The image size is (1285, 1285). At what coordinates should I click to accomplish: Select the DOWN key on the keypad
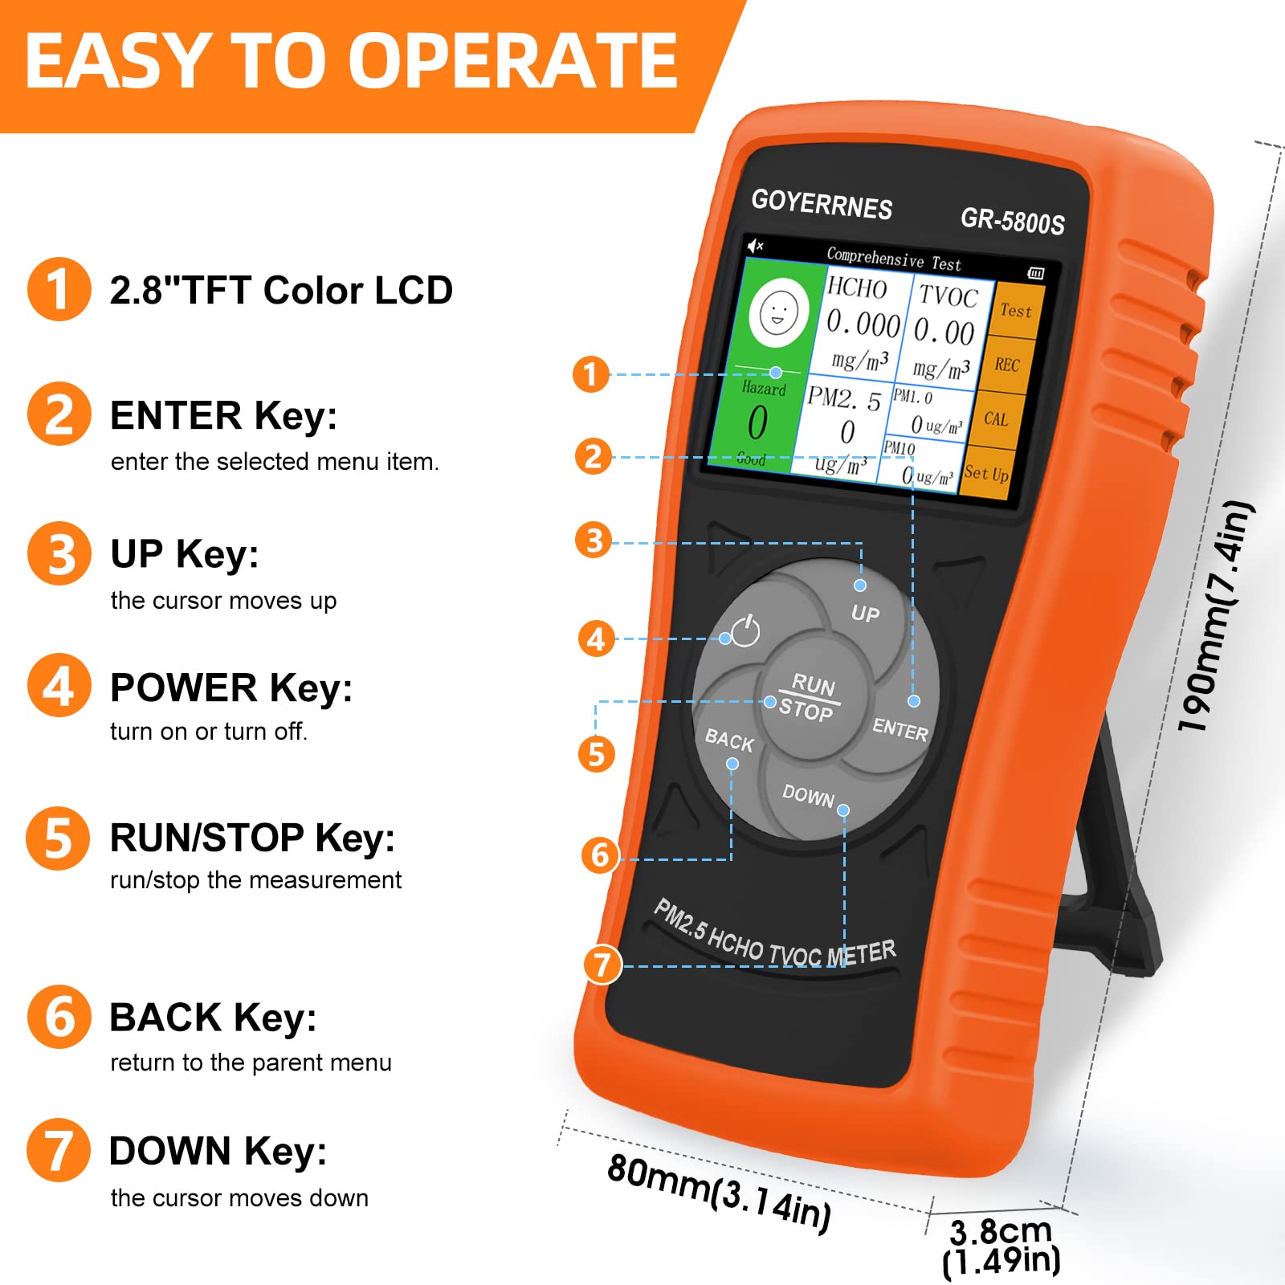tap(811, 799)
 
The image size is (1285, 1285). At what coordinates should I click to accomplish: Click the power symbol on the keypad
tap(745, 630)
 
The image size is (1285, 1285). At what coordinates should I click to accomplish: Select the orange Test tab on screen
tap(1015, 310)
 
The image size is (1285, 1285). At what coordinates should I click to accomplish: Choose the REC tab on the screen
tap(1006, 365)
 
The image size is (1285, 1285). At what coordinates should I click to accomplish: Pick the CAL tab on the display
tap(996, 418)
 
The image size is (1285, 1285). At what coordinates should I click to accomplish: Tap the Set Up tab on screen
tap(986, 473)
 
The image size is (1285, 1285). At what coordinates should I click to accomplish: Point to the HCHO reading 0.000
tap(863, 324)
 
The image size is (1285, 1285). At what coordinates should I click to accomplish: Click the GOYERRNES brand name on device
tap(822, 204)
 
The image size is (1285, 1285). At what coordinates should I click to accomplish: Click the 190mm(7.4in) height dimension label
tap(1214, 617)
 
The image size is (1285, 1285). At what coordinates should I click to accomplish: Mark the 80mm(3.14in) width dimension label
tap(719, 1192)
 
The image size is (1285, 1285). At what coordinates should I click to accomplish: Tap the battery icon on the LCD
tap(1036, 273)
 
